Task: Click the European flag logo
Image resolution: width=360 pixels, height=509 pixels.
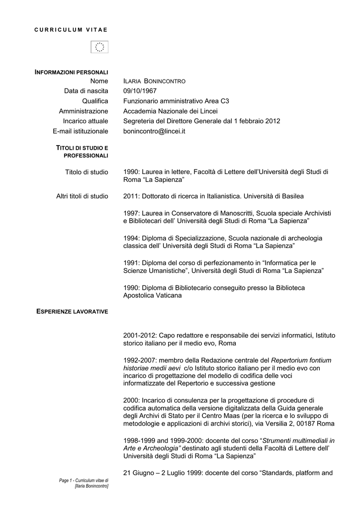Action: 99,47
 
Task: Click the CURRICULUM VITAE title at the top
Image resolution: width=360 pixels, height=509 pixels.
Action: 71,30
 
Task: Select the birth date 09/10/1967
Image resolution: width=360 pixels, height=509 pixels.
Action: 140,91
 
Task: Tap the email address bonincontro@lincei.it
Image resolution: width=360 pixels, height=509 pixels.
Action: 154,131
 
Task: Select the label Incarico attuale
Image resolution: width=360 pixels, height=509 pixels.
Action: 85,121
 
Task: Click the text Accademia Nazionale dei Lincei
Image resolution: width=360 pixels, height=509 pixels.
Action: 171,111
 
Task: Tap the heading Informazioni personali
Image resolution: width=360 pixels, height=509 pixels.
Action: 71,73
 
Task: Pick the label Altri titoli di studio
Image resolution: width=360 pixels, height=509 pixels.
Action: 82,196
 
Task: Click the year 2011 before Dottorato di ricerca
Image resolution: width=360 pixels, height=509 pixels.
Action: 131,196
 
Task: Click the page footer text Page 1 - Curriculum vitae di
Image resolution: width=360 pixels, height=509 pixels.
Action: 84,480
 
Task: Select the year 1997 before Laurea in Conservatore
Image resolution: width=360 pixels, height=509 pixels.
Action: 131,213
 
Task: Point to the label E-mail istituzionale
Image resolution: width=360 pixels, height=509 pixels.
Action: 80,131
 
